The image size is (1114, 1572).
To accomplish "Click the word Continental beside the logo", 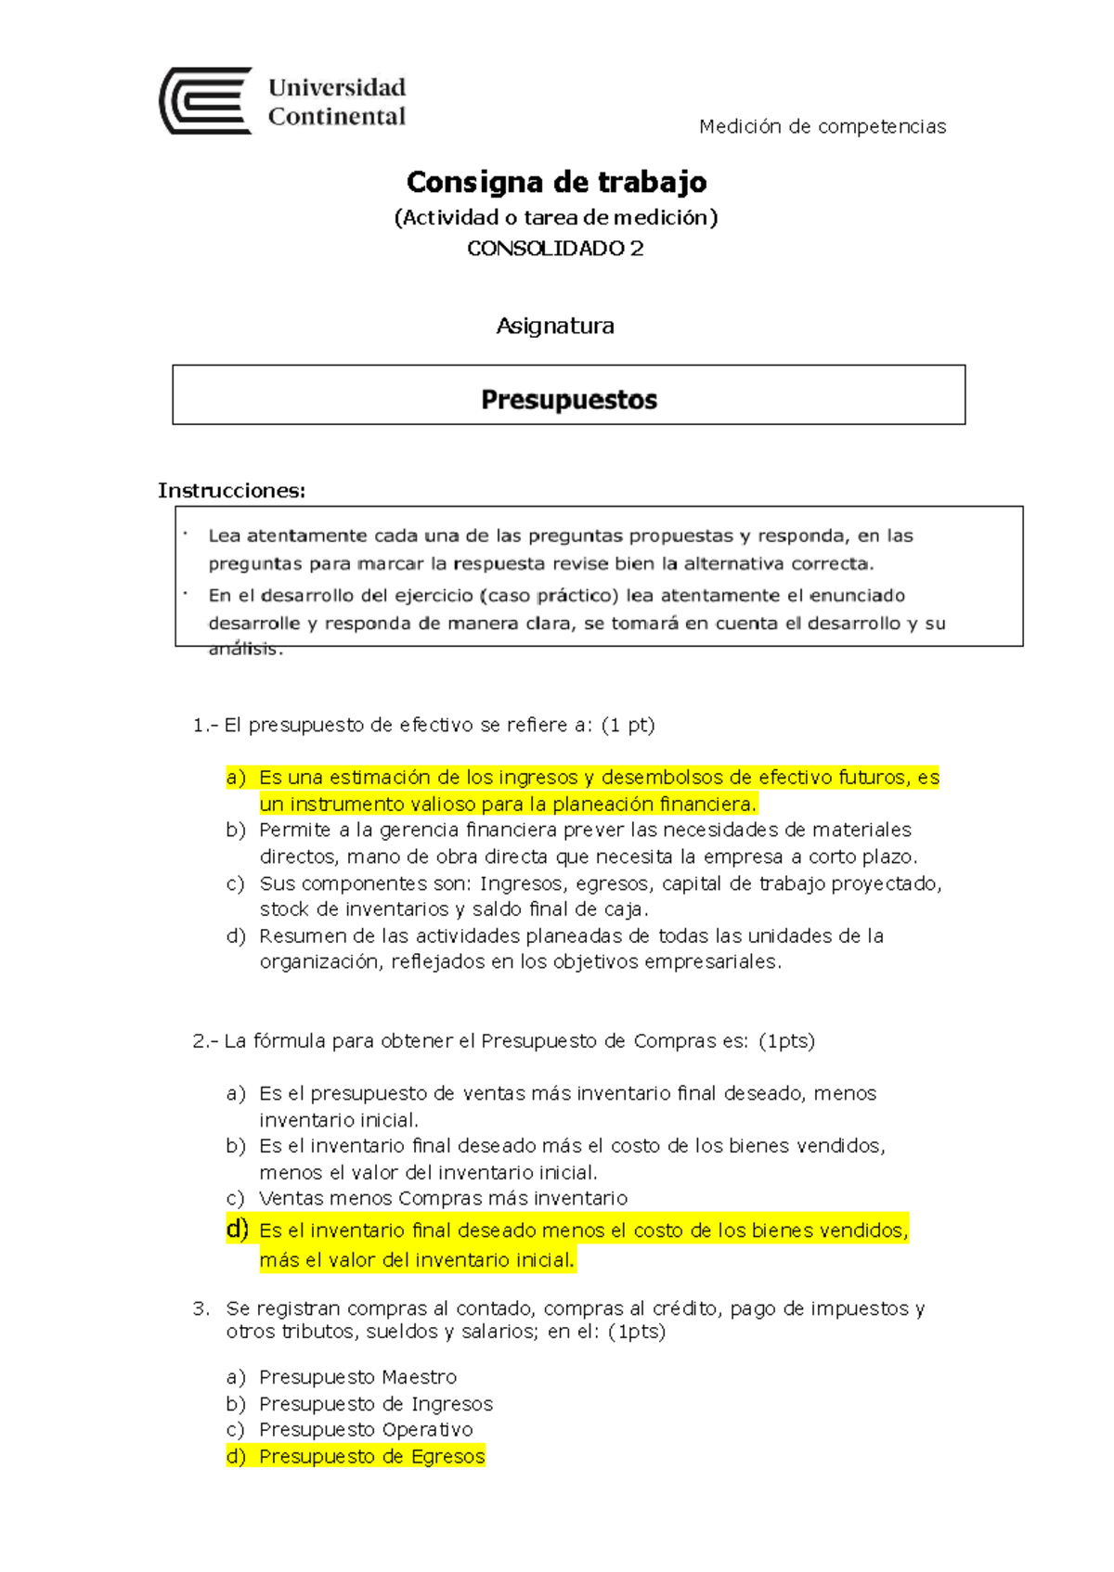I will pos(336,117).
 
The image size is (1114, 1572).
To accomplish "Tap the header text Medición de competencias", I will pos(822,126).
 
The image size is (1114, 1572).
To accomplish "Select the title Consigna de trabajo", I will pos(556,182).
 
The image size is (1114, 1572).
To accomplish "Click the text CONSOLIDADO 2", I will pos(554,249).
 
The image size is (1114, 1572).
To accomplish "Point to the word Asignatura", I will pos(554,326).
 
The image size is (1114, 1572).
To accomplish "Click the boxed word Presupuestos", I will pos(568,400).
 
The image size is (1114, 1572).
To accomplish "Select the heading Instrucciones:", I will pos(231,490).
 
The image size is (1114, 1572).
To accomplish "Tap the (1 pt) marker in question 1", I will pos(628,725).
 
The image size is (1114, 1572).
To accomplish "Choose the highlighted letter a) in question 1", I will pos(236,778).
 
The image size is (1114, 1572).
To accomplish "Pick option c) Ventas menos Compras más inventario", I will pos(443,1198).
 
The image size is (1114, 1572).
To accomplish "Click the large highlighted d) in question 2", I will pos(238,1230).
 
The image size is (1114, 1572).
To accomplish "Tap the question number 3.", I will pos(201,1308).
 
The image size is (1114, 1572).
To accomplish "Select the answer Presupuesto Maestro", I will pos(357,1377).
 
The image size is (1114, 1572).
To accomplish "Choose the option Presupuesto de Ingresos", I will pos(375,1404).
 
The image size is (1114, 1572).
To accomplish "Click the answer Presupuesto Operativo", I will pos(366,1430).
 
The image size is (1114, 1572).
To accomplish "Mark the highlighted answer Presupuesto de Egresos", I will pos(371,1457).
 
